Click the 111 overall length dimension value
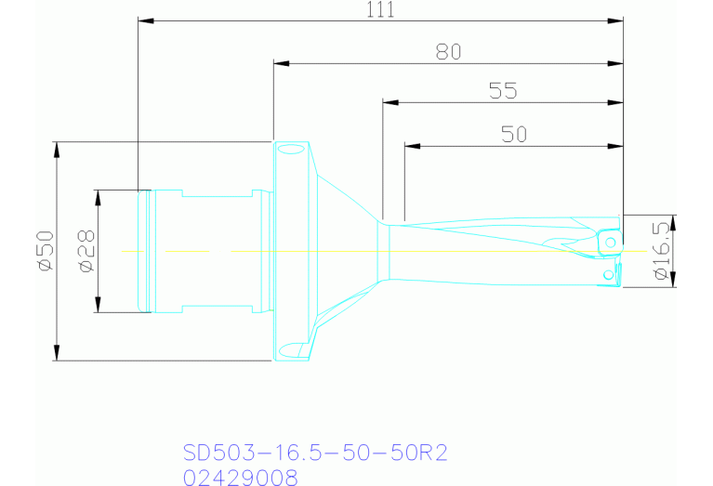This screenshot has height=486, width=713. click(x=380, y=9)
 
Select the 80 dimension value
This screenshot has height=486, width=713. click(x=448, y=52)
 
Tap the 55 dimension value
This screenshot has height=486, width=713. click(x=503, y=91)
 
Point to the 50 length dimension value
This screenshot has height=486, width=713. click(x=514, y=135)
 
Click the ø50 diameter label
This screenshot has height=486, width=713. click(x=46, y=251)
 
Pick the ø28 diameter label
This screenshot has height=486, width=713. click(x=86, y=251)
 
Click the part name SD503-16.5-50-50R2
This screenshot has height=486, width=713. click(x=315, y=453)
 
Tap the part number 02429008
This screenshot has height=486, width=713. click(x=241, y=478)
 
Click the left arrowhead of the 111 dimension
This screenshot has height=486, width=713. click(x=146, y=21)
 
